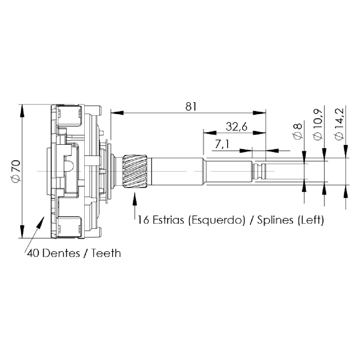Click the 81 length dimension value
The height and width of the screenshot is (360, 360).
tap(191, 106)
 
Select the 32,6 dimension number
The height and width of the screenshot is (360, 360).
tap(236, 127)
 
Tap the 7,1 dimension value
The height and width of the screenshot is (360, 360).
tap(222, 145)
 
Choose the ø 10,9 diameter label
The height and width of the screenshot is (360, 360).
tap(318, 125)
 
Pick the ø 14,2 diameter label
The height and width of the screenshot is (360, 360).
tap(339, 124)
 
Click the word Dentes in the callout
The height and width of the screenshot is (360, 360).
tap(61, 253)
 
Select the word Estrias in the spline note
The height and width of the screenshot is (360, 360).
tap(168, 220)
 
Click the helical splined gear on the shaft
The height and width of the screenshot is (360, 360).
tap(135, 171)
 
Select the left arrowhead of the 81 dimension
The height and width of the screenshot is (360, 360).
tap(117, 113)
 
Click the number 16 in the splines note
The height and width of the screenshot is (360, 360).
tap(143, 220)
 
